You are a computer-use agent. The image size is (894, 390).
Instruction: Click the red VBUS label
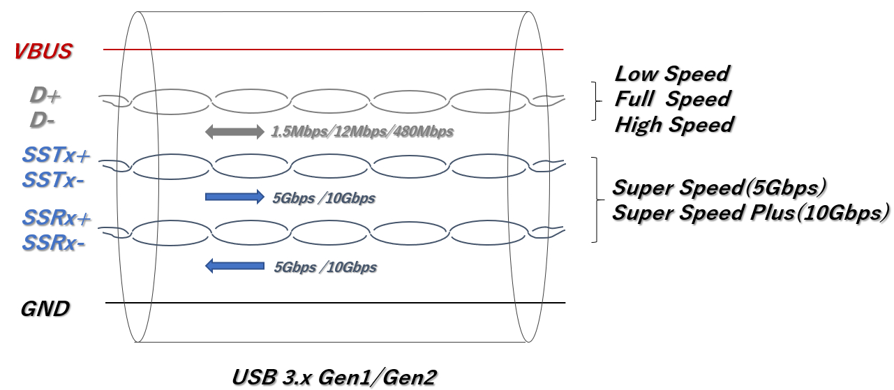(x=43, y=52)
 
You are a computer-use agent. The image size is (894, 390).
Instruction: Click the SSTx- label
(x=53, y=180)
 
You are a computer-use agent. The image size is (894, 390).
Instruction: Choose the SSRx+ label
(x=57, y=218)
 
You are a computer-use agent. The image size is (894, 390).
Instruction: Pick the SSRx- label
(x=53, y=243)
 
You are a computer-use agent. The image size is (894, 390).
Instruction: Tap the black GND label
(x=45, y=309)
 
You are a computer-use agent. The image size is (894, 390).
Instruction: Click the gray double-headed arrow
(x=235, y=130)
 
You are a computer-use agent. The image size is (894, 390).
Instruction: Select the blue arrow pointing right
(x=234, y=197)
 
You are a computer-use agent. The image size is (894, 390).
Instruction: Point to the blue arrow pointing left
(x=234, y=266)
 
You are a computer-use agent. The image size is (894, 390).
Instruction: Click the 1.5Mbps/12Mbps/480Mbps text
(x=362, y=131)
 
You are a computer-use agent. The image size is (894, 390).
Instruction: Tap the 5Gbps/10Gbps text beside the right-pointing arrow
(x=325, y=198)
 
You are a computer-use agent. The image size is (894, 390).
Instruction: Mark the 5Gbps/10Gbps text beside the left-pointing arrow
(x=326, y=267)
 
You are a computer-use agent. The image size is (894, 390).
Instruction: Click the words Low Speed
(x=671, y=73)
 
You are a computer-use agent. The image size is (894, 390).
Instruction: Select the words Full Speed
(x=672, y=99)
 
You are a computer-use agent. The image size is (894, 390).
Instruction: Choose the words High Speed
(x=674, y=125)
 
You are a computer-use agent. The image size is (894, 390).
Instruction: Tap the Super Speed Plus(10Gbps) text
(x=751, y=213)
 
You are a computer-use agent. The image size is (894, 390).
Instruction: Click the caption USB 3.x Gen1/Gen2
(x=334, y=377)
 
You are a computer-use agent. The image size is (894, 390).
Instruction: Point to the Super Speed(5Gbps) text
(x=720, y=188)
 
